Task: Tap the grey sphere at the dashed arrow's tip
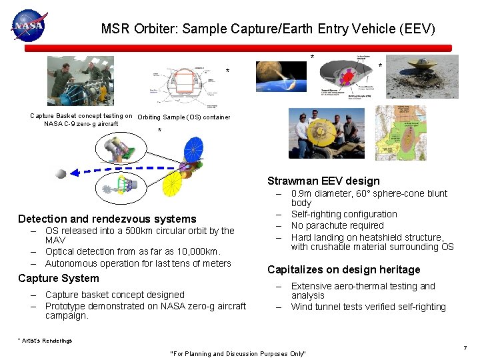(x=61, y=174)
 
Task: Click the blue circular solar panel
(x=193, y=150)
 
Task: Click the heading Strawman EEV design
(x=323, y=181)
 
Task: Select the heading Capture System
(x=59, y=279)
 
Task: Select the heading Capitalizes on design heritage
(x=343, y=270)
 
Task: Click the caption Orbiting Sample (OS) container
(x=183, y=117)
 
